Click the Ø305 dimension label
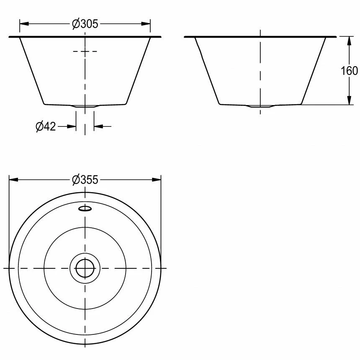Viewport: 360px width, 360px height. click(85, 24)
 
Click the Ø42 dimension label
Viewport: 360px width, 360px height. click(46, 126)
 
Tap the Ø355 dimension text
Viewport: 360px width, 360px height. click(85, 180)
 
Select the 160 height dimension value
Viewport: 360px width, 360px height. click(349, 71)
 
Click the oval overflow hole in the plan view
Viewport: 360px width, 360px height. click(85, 208)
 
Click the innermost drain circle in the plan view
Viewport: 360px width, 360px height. click(85, 268)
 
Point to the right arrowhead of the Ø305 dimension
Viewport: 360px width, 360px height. click(146, 23)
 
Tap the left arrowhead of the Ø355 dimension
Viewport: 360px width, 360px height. click(13, 180)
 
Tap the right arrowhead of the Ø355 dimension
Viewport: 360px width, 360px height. click(157, 180)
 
